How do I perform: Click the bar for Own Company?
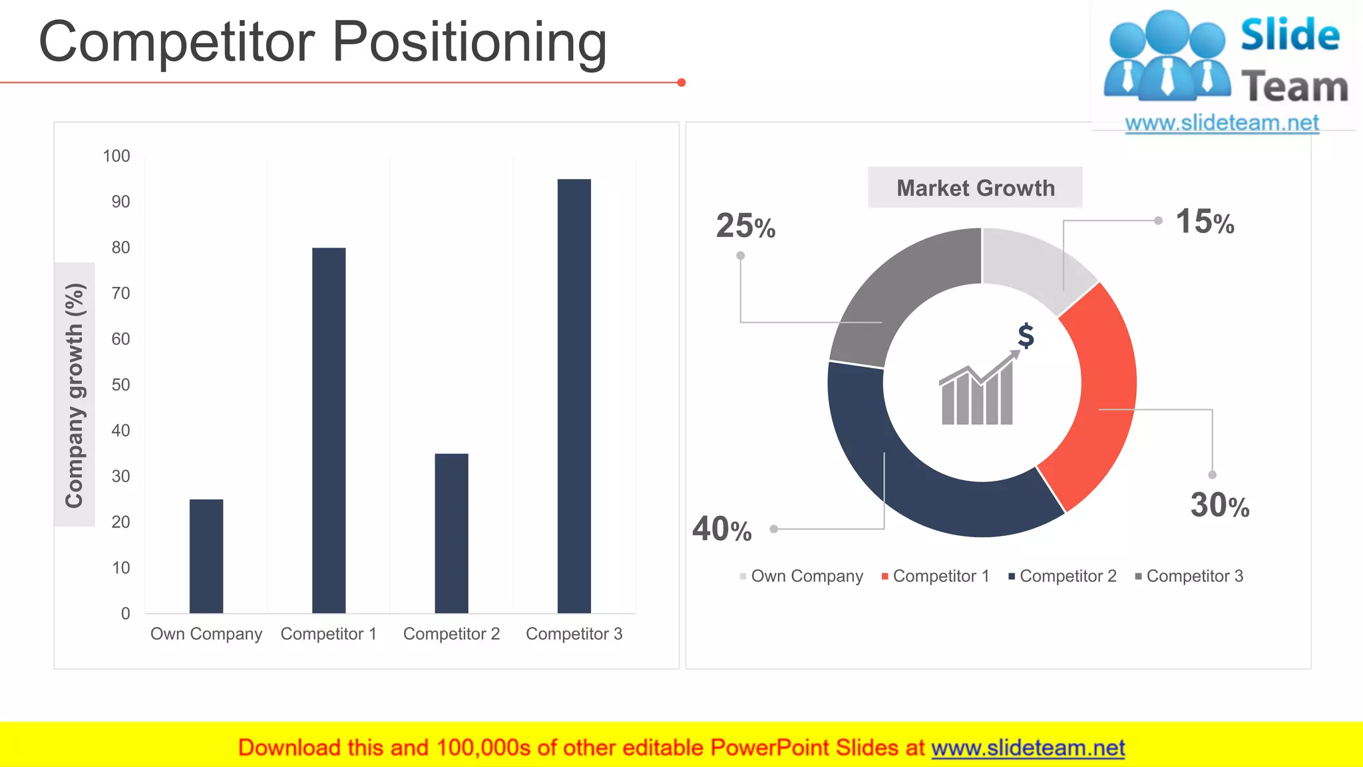coord(206,556)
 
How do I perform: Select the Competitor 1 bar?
coord(329,430)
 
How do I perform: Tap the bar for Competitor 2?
coord(451,533)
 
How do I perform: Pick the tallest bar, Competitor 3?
coord(574,395)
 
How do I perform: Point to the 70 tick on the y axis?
coord(120,293)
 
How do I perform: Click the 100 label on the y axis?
coord(116,156)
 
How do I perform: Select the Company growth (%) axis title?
coord(75,395)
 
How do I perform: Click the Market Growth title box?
coord(975,188)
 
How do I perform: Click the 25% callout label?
coord(745,226)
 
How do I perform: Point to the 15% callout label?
coord(1205,222)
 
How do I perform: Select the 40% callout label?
coord(722,529)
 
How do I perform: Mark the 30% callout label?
coord(1220,505)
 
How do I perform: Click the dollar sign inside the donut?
coord(1026,336)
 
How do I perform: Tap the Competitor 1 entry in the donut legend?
coord(940,576)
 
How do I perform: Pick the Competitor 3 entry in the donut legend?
coord(1193,576)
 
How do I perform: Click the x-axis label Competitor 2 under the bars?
coord(451,634)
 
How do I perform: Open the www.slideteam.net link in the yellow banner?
coord(1028,748)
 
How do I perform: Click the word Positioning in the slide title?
coord(469,42)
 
